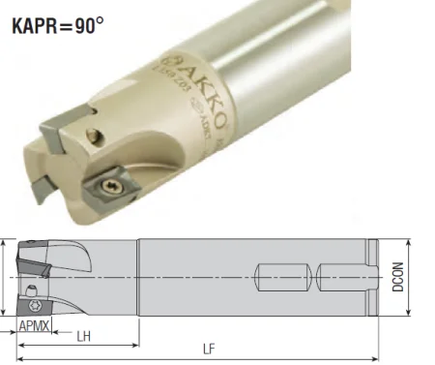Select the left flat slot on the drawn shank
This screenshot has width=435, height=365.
283,273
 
